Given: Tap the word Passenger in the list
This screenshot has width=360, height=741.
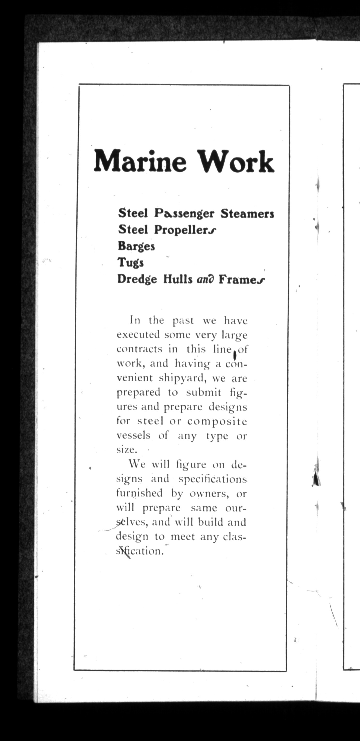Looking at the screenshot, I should point(184,214).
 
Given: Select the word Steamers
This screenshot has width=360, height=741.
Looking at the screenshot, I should point(247,214).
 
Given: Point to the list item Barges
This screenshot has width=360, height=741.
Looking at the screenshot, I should point(136,246).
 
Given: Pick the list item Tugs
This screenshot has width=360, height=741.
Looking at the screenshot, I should point(131,263).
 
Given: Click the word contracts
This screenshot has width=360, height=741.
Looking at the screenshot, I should point(139,349).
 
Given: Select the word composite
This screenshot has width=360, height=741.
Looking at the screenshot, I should point(217,421).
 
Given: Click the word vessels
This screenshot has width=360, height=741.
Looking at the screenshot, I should point(133,435).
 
